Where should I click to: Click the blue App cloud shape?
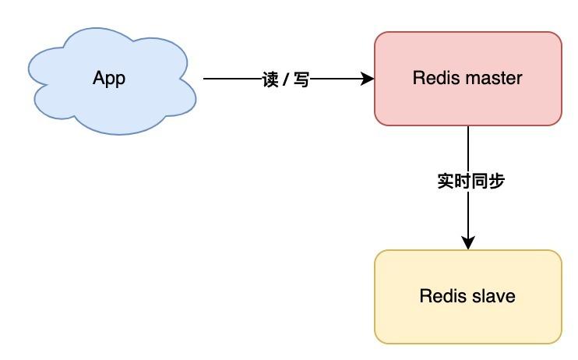112,81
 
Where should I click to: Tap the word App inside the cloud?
109,79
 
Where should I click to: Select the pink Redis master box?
468,79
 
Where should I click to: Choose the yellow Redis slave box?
468,297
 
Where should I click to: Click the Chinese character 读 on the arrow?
270,79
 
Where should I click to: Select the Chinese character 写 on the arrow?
301,79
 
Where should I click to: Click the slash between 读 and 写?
286,79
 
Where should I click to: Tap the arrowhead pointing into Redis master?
367,79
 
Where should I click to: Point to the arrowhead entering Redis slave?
468,242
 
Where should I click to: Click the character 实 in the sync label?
446,181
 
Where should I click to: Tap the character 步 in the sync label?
496,181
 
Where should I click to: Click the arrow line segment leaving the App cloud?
232,79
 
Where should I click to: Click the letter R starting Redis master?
418,78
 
